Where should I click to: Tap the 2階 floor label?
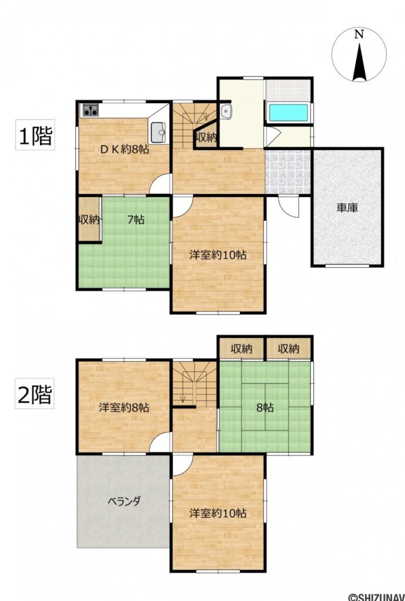click(x=35, y=393)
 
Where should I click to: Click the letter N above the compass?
click(x=359, y=35)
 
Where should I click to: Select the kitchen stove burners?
click(x=90, y=110)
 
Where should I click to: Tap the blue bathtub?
click(x=288, y=113)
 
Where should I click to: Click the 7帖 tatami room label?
click(x=136, y=220)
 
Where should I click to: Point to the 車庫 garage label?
click(x=347, y=208)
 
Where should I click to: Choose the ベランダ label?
click(x=123, y=501)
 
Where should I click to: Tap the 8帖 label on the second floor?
click(x=264, y=408)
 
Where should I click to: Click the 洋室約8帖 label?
click(x=124, y=407)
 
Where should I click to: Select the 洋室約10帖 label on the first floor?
click(x=218, y=255)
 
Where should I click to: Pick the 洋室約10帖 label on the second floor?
click(x=218, y=513)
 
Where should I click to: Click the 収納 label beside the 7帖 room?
click(x=89, y=220)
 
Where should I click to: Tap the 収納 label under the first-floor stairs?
click(x=207, y=137)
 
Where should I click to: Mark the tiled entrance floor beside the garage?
click(x=288, y=172)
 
